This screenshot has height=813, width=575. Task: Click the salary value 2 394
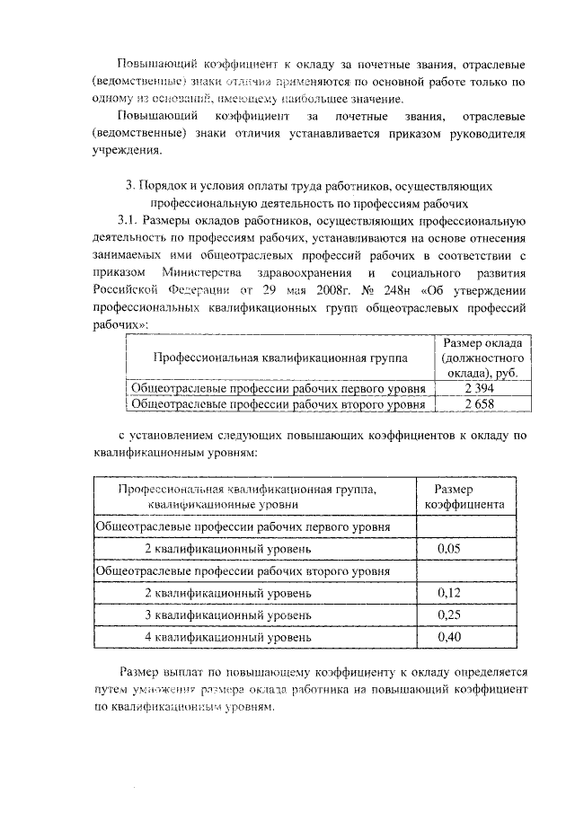(x=481, y=388)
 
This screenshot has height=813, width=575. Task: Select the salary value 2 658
(x=481, y=404)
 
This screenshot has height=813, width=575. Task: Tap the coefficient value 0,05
(x=448, y=547)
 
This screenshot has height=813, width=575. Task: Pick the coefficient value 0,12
(x=448, y=592)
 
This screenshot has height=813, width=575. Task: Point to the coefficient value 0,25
(x=448, y=614)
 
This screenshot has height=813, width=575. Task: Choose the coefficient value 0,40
(x=448, y=636)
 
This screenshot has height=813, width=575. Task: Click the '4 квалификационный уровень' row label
(x=228, y=636)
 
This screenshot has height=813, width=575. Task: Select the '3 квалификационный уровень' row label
(x=228, y=614)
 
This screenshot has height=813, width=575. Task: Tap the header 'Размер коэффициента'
(x=464, y=496)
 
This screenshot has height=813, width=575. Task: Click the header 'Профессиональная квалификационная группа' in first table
(x=279, y=358)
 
